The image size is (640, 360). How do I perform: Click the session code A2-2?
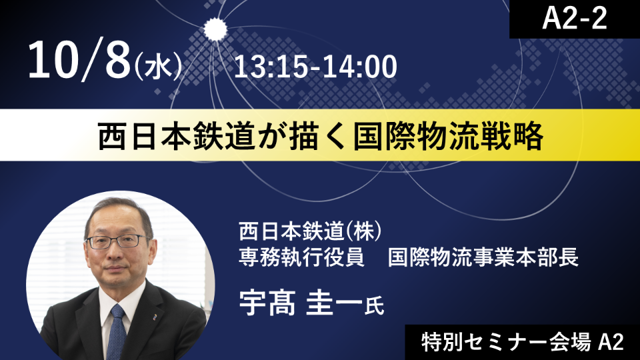(x=574, y=19)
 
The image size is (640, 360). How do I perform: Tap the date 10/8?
(x=79, y=61)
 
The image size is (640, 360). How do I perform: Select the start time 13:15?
(x=269, y=67)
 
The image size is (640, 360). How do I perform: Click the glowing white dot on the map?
(x=215, y=29)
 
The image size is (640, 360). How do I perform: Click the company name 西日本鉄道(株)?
(x=310, y=231)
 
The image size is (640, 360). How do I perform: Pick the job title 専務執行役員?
(x=301, y=257)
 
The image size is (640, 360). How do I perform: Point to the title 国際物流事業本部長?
(x=483, y=257)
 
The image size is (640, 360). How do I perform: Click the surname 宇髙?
(x=267, y=303)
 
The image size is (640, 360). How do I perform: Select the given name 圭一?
(x=334, y=303)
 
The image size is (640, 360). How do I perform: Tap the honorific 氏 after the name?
(x=374, y=306)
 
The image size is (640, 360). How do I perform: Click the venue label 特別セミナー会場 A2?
(x=523, y=343)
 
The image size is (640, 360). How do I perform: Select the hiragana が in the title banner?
(x=271, y=136)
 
